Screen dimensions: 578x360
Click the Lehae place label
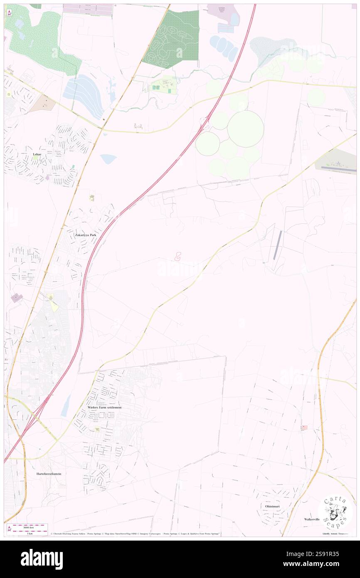[x=36, y=154]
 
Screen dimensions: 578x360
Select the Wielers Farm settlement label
[x=105, y=408]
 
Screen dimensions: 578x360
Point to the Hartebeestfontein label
[x=49, y=474]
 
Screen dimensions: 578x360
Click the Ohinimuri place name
[x=271, y=506]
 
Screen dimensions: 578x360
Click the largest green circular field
[x=245, y=128]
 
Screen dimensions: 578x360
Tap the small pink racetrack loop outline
[x=178, y=257]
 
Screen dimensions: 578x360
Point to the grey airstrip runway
[x=277, y=245]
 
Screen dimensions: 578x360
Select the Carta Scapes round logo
[x=335, y=513]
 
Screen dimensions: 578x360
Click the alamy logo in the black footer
[x=42, y=559]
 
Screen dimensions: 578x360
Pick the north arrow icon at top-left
[x=9, y=13]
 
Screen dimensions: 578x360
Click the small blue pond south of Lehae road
[x=108, y=159]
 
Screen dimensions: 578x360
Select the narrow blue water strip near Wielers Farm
[x=65, y=406]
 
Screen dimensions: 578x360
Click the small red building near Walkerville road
[x=304, y=427]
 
